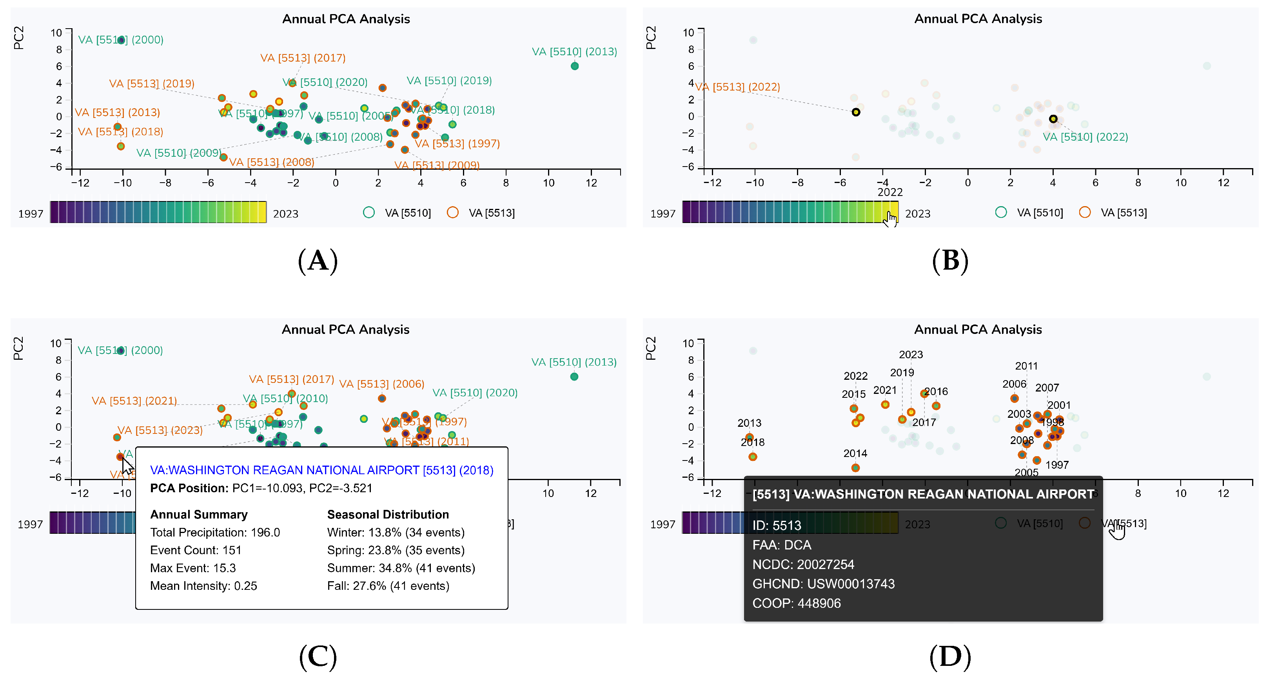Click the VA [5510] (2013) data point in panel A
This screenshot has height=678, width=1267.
574,66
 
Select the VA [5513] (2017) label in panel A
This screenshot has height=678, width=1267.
303,58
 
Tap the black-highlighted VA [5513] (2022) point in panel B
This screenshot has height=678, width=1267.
856,112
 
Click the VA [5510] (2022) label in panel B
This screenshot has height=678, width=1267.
1085,137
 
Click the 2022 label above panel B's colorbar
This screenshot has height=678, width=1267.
890,192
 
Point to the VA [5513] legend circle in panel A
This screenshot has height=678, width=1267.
452,212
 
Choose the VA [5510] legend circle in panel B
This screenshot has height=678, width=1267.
1000,212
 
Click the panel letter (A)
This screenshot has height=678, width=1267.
318,261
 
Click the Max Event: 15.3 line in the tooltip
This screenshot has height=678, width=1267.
193,568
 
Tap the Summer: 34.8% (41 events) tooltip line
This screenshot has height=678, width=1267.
401,568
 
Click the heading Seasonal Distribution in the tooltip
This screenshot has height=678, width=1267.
388,515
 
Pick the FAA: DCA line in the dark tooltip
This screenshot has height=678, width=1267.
782,545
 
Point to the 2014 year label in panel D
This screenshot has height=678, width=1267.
855,454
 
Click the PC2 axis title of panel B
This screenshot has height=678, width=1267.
650,38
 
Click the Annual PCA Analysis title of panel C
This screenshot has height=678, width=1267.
345,330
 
